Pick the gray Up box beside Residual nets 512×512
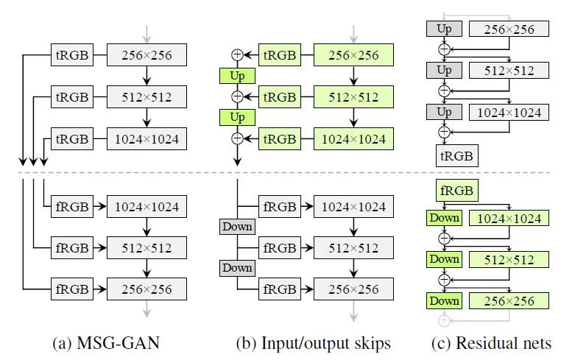point(444,71)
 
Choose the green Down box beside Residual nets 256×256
point(444,300)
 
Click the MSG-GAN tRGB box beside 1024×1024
point(71,138)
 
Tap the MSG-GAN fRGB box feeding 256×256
point(71,289)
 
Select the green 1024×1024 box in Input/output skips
point(354,138)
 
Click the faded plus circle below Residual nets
point(444,321)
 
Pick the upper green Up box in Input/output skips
point(237,76)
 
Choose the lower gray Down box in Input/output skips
point(237,268)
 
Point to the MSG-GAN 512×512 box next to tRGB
point(147,96)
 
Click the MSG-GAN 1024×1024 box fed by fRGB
point(147,207)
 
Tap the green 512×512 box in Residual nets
point(509,259)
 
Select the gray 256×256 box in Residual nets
point(509,29)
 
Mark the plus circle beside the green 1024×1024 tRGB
point(237,138)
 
